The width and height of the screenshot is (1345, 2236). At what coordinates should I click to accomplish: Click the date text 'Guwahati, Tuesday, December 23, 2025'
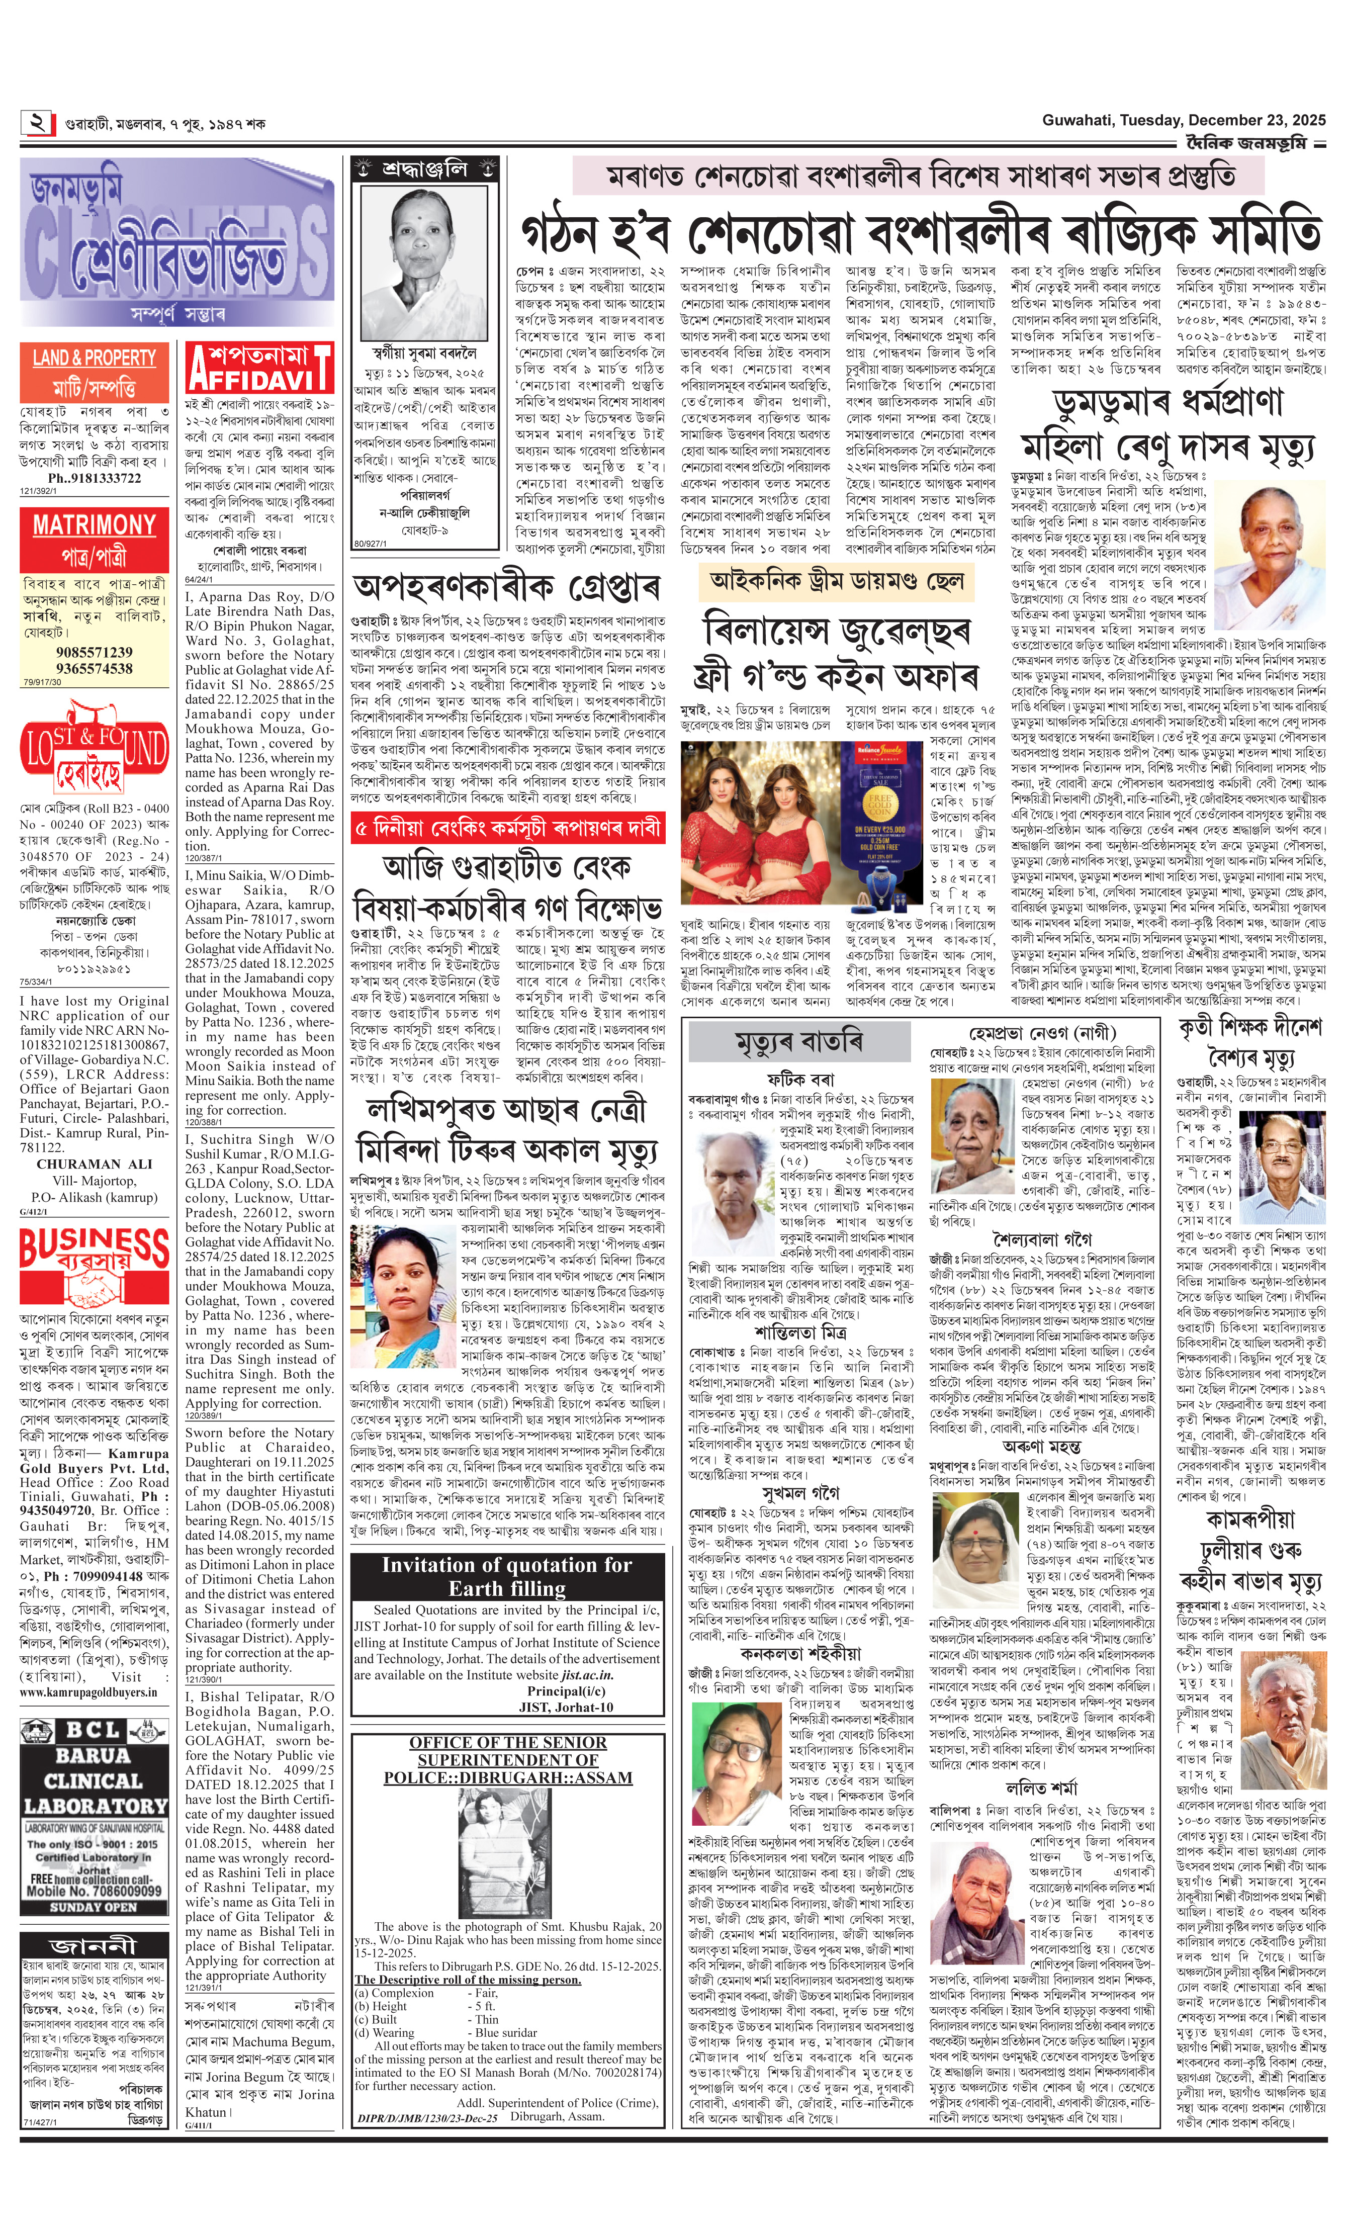point(1182,120)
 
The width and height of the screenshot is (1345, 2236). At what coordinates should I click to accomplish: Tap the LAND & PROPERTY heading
point(94,357)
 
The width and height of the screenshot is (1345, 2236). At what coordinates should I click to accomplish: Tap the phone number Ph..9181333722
point(94,478)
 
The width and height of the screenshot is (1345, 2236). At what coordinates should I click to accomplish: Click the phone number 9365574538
point(94,668)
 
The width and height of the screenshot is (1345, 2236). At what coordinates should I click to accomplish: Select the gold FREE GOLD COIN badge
point(880,803)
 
